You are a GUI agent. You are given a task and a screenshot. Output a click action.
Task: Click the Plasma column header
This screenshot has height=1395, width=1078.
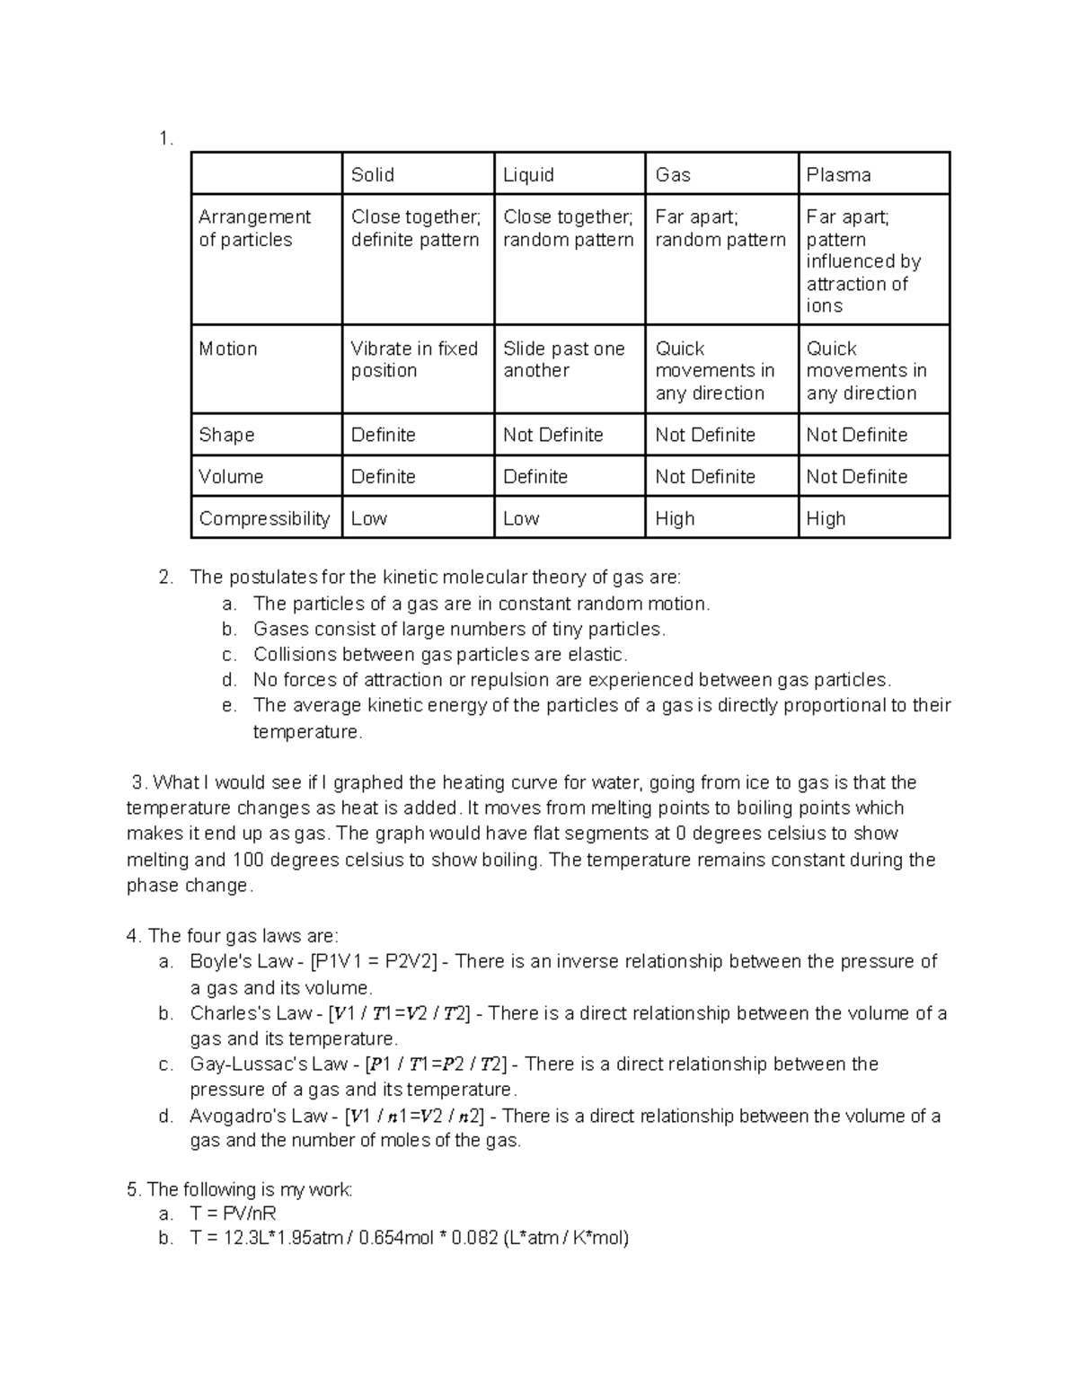[838, 175]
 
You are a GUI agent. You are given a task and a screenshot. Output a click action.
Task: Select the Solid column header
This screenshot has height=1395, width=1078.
[372, 175]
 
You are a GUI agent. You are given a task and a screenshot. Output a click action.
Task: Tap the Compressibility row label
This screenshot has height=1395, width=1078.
[264, 518]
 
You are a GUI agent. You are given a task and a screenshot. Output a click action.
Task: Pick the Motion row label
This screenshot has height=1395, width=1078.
[228, 349]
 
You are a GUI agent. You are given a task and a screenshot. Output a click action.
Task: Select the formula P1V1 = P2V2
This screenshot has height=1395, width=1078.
[373, 962]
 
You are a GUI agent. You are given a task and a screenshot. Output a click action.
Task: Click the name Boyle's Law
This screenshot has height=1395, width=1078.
[241, 962]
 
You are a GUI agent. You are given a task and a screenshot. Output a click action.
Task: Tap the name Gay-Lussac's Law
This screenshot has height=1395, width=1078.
[268, 1064]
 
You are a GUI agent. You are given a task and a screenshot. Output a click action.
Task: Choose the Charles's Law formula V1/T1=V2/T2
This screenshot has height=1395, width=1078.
[399, 1013]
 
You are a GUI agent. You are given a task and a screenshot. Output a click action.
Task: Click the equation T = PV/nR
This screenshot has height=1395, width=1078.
[233, 1214]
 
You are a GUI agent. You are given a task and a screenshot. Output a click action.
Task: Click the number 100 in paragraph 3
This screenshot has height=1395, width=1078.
[248, 860]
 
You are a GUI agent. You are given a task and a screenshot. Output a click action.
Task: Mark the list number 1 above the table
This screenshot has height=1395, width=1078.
[163, 138]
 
